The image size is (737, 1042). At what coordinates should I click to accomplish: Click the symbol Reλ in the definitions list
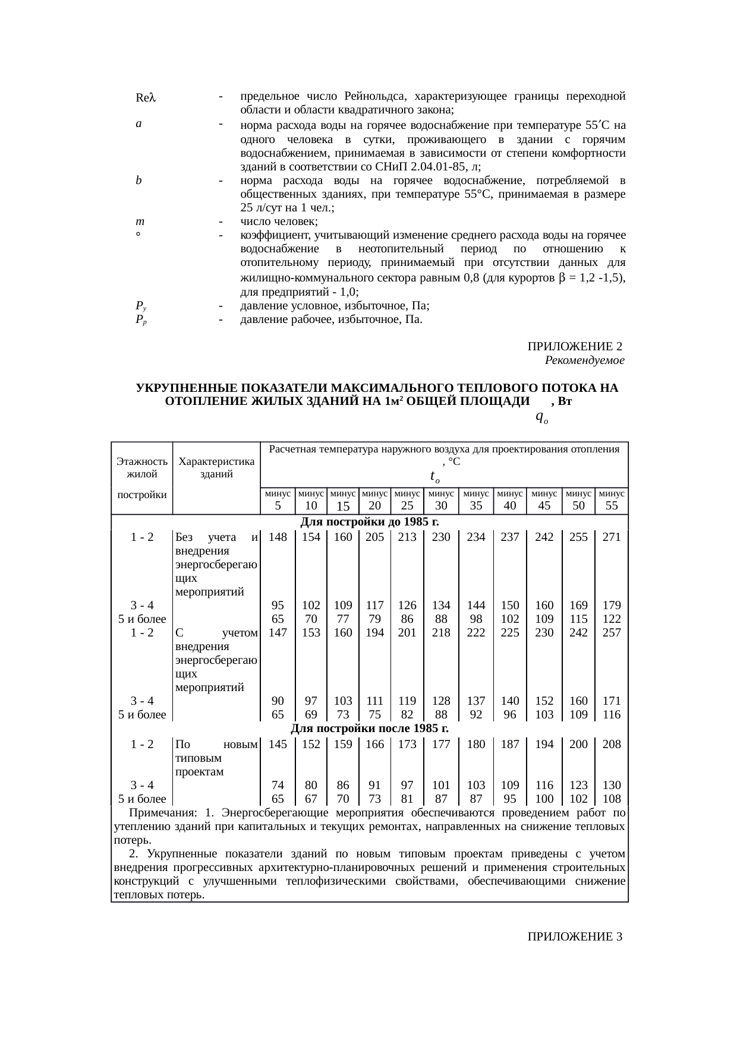coord(145,97)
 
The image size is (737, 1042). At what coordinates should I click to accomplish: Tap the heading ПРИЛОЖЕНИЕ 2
coord(575,346)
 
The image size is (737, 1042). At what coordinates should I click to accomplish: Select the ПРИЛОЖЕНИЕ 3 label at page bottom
coord(575,937)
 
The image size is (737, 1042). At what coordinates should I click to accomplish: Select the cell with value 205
coord(374,537)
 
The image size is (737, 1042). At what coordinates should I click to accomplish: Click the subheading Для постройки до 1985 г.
coord(369,522)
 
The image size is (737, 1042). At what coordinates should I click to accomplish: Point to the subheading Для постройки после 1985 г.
coord(370,729)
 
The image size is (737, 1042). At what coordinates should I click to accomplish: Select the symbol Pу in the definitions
coord(141,306)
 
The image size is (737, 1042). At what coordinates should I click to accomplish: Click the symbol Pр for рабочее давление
coord(141,320)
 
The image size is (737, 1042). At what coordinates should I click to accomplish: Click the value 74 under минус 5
coord(277,785)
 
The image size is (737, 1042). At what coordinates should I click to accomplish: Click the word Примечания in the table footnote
coord(161,813)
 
